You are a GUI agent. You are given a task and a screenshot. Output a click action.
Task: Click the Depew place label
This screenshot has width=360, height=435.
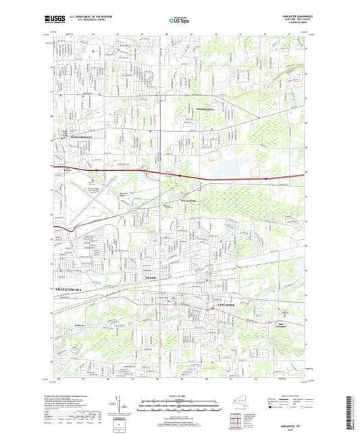pyautogui.click(x=151, y=277)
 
